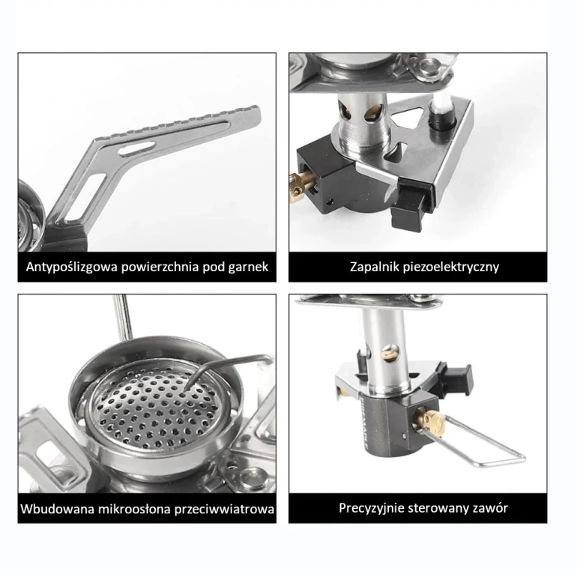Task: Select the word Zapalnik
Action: coord(372,267)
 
